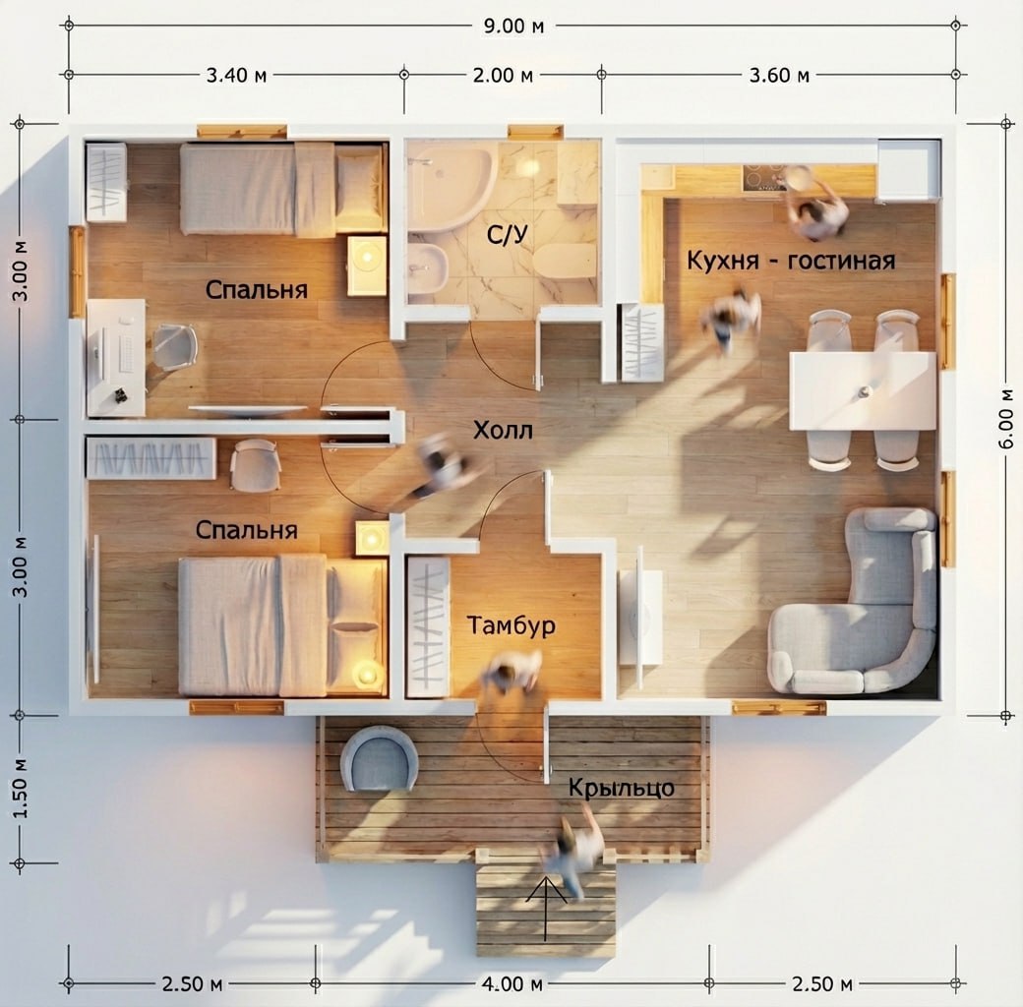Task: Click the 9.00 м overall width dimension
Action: tap(513, 27)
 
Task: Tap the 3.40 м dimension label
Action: tap(236, 76)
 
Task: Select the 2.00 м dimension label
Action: tap(503, 76)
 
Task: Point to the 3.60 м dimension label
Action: tap(779, 76)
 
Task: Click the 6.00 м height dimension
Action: tap(1006, 418)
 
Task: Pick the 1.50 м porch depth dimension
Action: tap(21, 789)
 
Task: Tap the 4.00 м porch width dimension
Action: tap(512, 983)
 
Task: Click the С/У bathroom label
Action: tap(507, 234)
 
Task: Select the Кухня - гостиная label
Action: tap(791, 261)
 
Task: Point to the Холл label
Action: tap(503, 431)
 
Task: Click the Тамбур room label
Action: tap(511, 625)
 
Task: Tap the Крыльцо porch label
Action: tap(621, 788)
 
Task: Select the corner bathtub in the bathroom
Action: tap(450, 187)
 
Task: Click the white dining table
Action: tap(863, 390)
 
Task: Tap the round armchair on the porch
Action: tap(379, 758)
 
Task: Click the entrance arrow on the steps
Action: tap(545, 908)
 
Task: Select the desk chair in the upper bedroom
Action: tap(174, 347)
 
